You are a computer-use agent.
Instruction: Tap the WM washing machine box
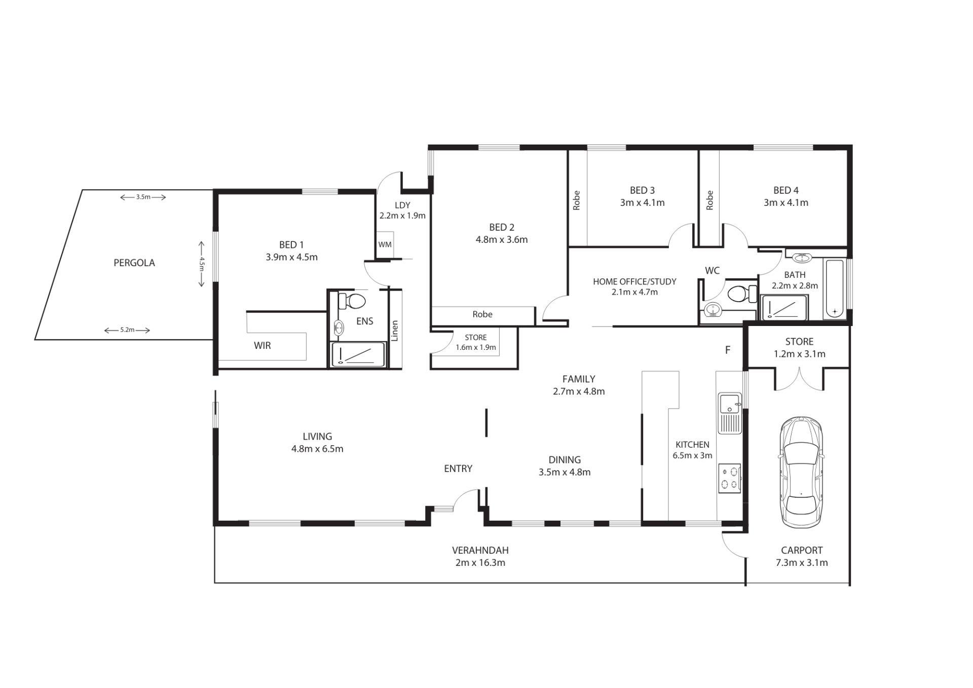(x=385, y=244)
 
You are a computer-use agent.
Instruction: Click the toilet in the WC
(x=741, y=293)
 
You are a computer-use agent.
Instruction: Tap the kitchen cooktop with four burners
(x=729, y=478)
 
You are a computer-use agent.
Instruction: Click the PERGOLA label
(x=134, y=263)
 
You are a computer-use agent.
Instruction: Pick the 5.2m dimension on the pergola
(x=127, y=330)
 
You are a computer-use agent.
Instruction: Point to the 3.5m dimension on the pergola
(x=143, y=197)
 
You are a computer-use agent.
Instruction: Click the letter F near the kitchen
(x=728, y=350)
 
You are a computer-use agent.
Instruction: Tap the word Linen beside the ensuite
(x=395, y=331)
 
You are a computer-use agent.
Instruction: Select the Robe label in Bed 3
(x=576, y=200)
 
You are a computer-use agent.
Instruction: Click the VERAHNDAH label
(x=480, y=550)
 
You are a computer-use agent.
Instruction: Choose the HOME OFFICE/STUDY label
(x=634, y=281)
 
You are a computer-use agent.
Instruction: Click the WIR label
(x=263, y=345)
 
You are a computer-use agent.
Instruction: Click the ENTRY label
(x=458, y=469)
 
